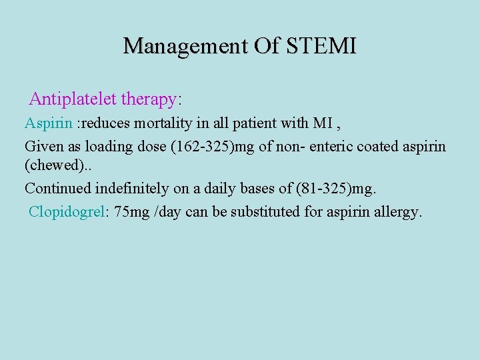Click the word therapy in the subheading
(x=147, y=99)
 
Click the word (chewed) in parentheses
(x=51, y=165)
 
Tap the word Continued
(x=55, y=189)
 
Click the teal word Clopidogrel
(x=67, y=212)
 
